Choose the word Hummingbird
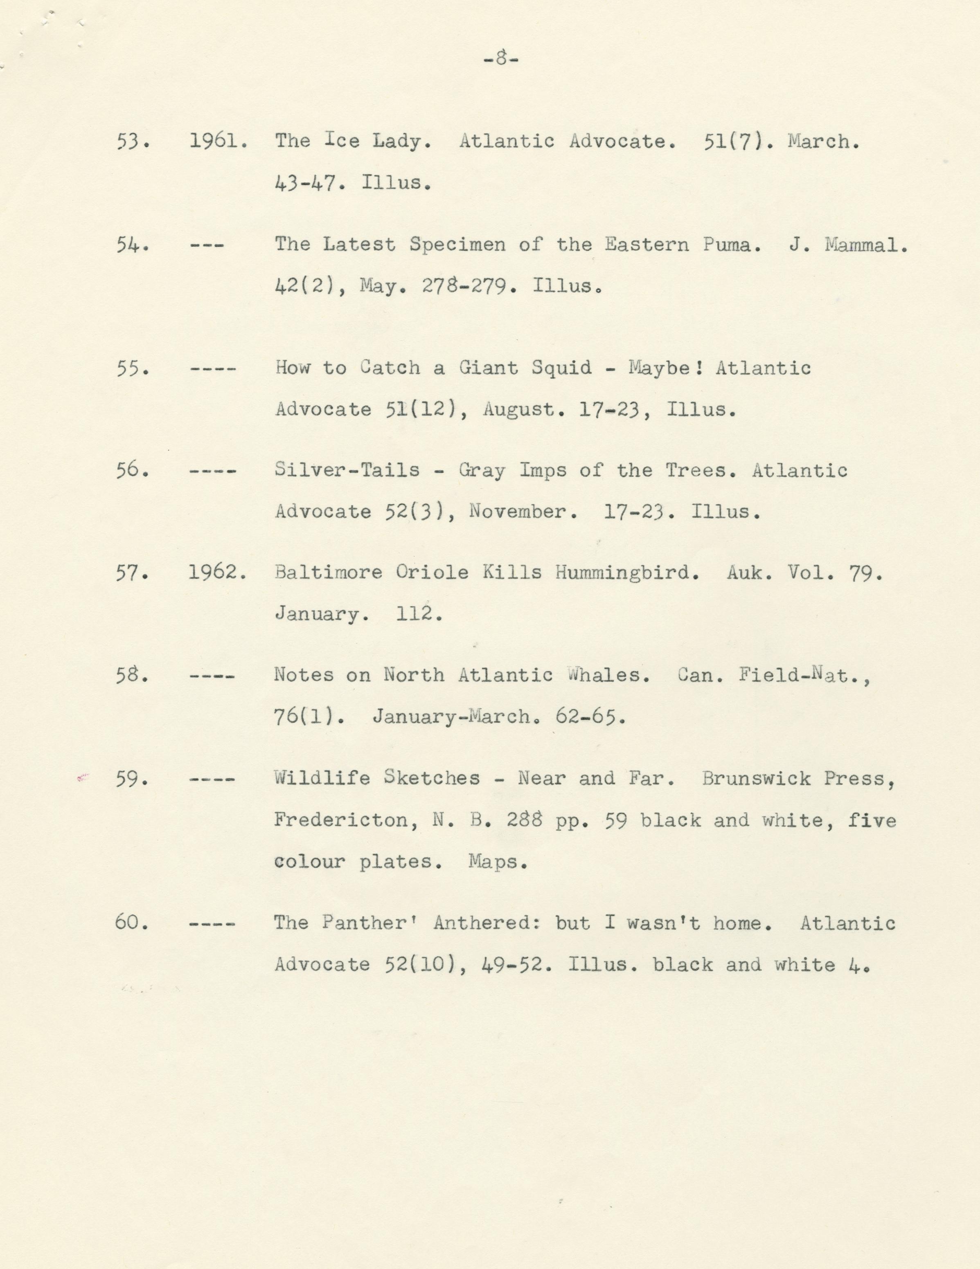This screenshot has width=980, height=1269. pyautogui.click(x=626, y=573)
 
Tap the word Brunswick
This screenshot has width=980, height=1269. pyautogui.click(x=756, y=779)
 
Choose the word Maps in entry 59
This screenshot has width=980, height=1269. pyautogui.click(x=498, y=862)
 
